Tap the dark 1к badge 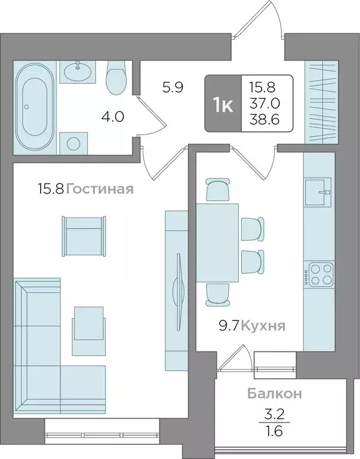[x=223, y=103]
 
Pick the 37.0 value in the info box [x=267, y=103]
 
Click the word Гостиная [x=99, y=189]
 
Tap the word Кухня [x=264, y=326]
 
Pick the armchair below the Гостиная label [x=85, y=234]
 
